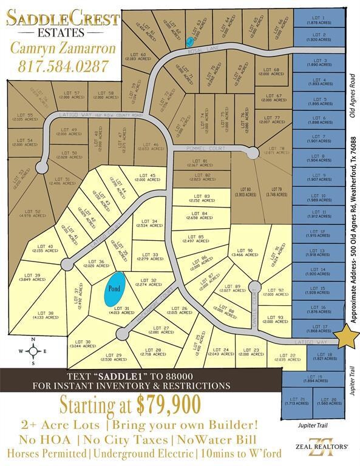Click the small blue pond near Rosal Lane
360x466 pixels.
click(x=191, y=41)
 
